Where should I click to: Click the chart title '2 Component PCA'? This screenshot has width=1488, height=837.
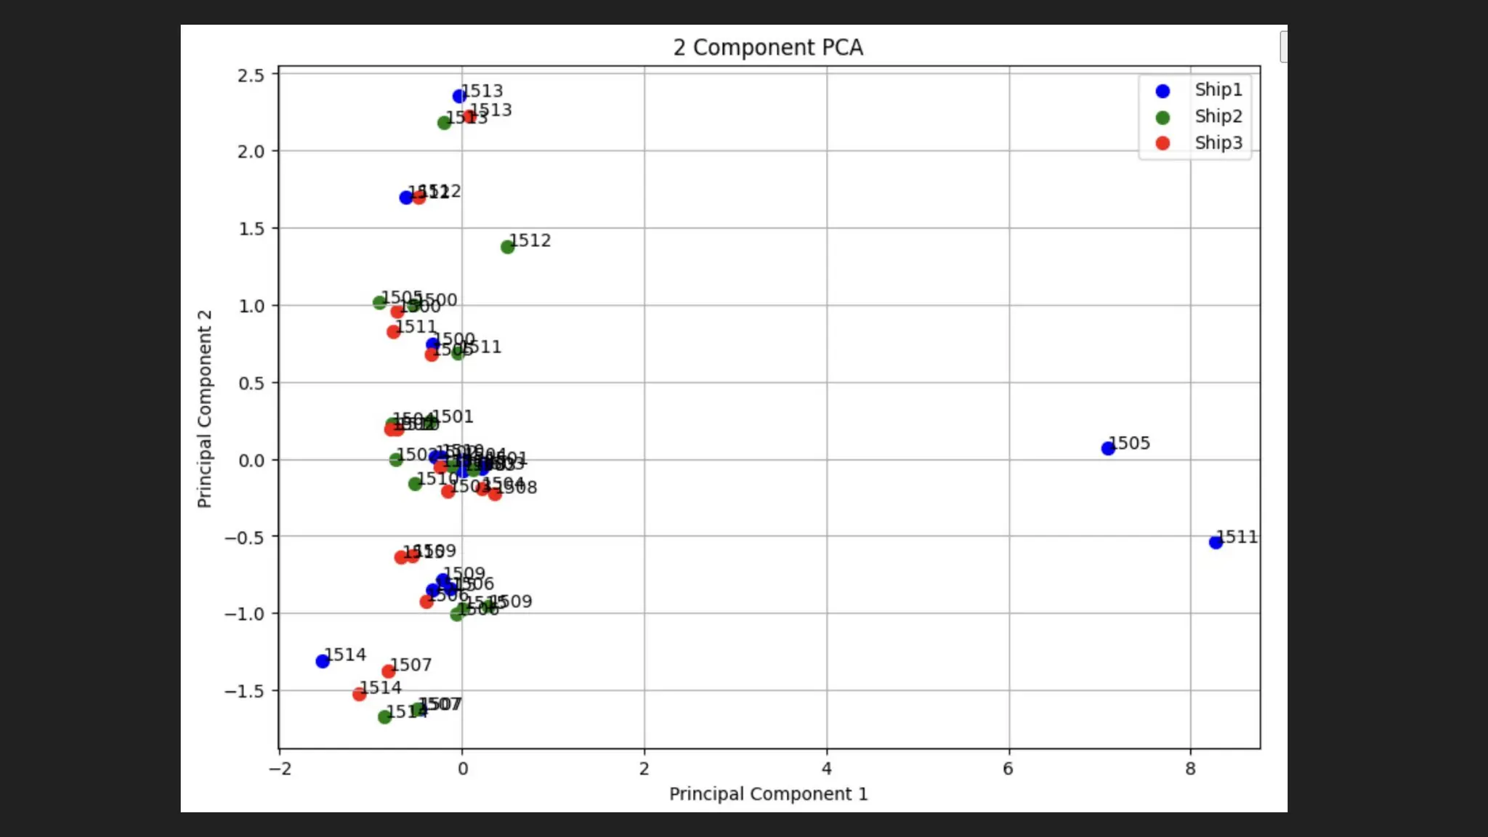pyautogui.click(x=768, y=47)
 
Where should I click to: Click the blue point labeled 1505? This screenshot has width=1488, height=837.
pyautogui.click(x=1108, y=448)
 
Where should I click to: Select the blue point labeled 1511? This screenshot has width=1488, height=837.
pyautogui.click(x=1216, y=542)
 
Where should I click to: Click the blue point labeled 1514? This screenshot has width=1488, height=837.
pyautogui.click(x=323, y=661)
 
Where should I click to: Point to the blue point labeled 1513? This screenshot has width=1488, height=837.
pyautogui.click(x=459, y=96)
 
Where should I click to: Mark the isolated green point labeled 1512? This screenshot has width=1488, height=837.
pyautogui.click(x=507, y=247)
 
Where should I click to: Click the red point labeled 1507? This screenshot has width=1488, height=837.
pyautogui.click(x=389, y=671)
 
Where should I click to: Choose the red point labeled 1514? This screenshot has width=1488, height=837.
pyautogui.click(x=359, y=695)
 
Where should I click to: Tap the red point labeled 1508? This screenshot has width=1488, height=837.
pyautogui.click(x=495, y=494)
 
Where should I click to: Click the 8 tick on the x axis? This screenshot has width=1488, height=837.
pyautogui.click(x=1190, y=769)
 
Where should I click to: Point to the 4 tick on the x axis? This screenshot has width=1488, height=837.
pyautogui.click(x=827, y=769)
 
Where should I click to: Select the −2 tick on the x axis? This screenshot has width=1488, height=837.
pyautogui.click(x=280, y=769)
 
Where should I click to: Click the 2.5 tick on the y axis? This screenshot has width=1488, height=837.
pyautogui.click(x=251, y=75)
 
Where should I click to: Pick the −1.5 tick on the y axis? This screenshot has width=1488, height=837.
pyautogui.click(x=244, y=691)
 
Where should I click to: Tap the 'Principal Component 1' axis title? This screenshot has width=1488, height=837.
pyautogui.click(x=768, y=794)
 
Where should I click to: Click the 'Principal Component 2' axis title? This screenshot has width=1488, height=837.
pyautogui.click(x=204, y=408)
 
